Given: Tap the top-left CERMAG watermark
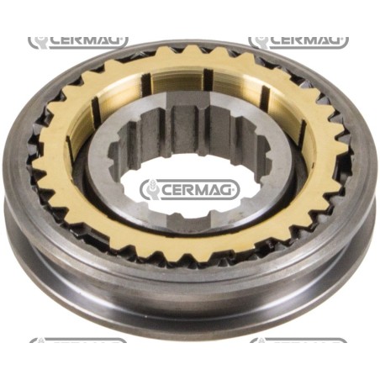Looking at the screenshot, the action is point(78,42).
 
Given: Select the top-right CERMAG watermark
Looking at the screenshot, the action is point(298,42).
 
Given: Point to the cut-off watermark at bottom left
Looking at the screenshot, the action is point(78,340).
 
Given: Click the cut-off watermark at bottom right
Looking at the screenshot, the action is point(298,340).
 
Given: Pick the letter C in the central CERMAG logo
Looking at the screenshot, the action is point(168,191).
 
